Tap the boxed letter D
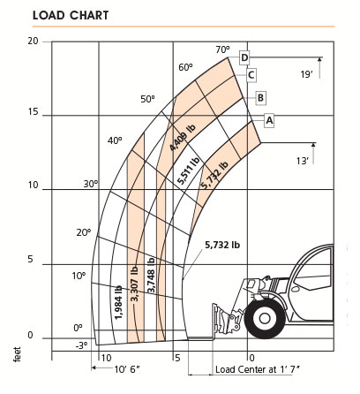(x=244, y=58)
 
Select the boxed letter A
(x=269, y=118)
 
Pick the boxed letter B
(x=261, y=96)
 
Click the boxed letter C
(x=251, y=75)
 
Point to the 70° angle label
(x=222, y=49)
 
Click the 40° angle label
(x=115, y=140)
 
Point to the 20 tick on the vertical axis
(x=33, y=41)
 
